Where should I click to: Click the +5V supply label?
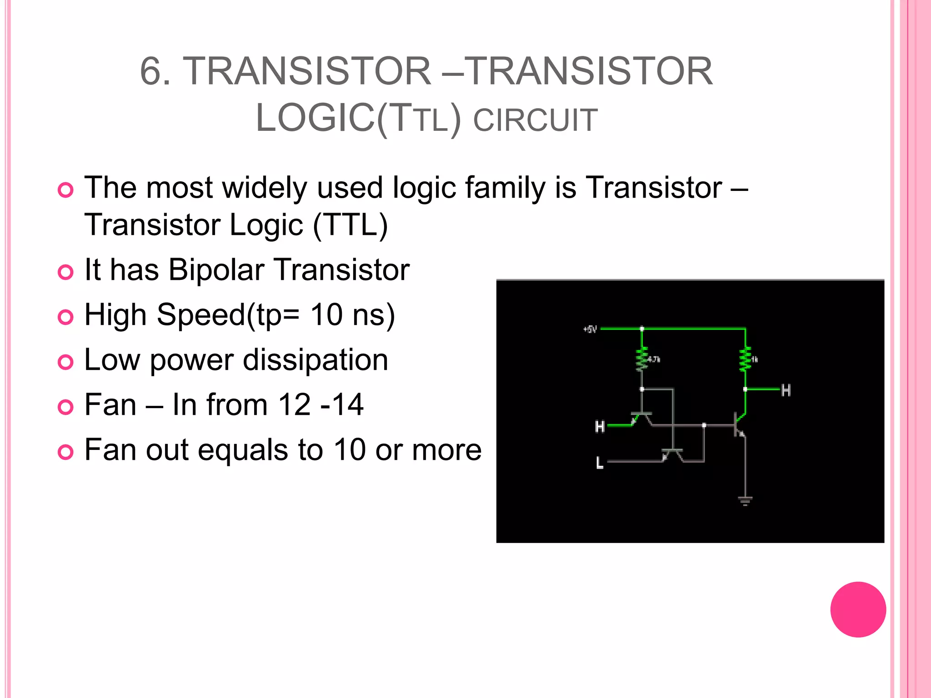point(590,329)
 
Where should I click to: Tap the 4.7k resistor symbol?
point(641,359)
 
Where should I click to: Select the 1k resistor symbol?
point(745,359)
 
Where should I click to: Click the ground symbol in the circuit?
point(745,501)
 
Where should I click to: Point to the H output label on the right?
point(786,390)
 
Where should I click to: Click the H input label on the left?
point(600,427)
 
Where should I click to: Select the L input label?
point(600,463)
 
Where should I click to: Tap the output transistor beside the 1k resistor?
point(740,424)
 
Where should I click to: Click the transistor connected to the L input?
point(672,454)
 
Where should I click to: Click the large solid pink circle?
point(858,609)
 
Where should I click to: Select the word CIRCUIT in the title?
point(535,120)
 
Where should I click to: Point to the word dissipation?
point(315,360)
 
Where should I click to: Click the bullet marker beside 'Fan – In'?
point(65,407)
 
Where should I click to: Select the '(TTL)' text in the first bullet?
point(350,225)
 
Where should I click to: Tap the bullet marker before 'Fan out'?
point(65,452)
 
